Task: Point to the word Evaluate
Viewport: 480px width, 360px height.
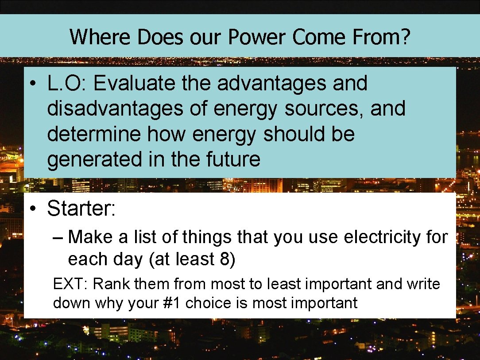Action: pyautogui.click(x=132, y=83)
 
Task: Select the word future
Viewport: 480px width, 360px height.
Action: pyautogui.click(x=234, y=159)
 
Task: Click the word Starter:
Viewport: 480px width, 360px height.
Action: pyautogui.click(x=81, y=208)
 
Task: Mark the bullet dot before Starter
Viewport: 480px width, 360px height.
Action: pyautogui.click(x=34, y=209)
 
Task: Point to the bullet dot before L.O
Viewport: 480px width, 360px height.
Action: pyautogui.click(x=34, y=84)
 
